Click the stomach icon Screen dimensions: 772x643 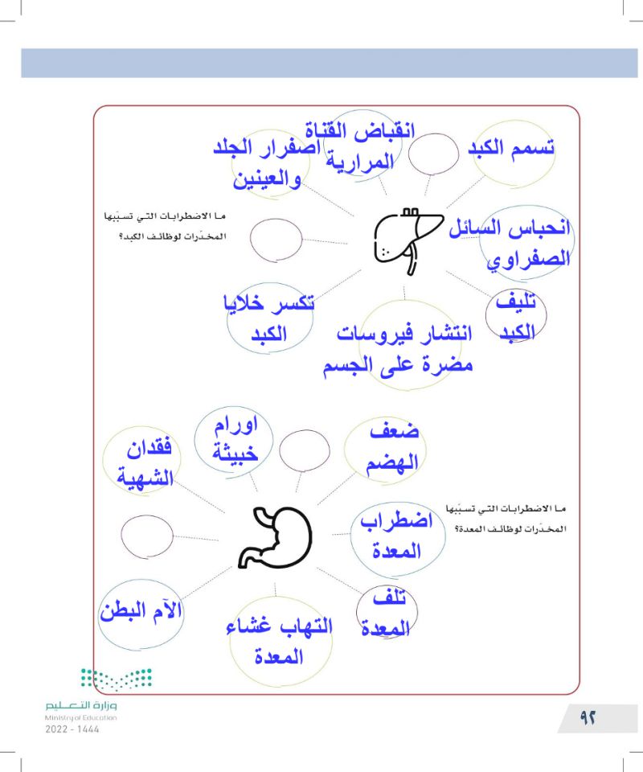[x=275, y=537]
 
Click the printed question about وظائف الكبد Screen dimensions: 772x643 [x=162, y=227]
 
